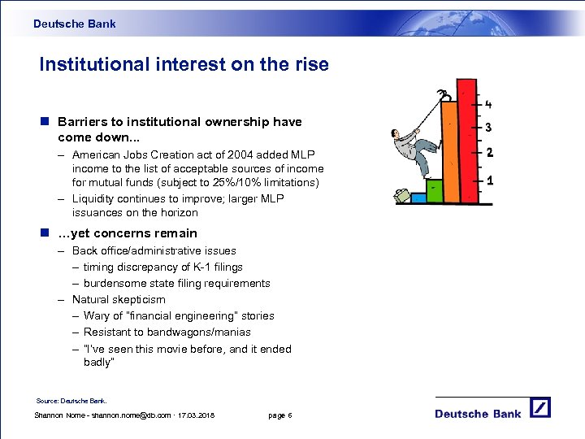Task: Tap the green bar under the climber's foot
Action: (x=435, y=190)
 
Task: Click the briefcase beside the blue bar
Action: (x=401, y=195)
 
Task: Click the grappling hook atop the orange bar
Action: (x=444, y=97)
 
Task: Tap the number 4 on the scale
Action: (x=488, y=104)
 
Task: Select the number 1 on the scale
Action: (x=489, y=180)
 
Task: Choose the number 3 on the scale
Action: (x=488, y=128)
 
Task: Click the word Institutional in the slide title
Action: (x=91, y=64)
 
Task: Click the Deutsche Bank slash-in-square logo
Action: (x=539, y=407)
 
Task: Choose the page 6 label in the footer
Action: (x=279, y=415)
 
